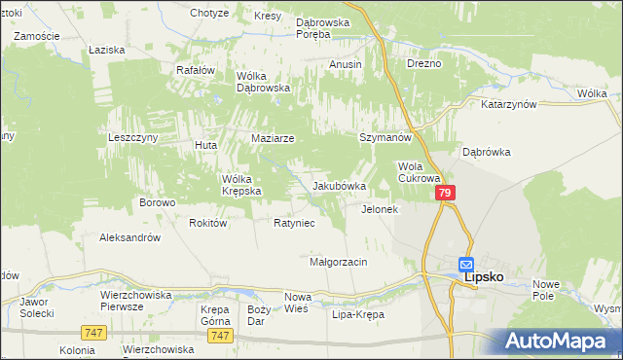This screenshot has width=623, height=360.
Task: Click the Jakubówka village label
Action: pos(339,186)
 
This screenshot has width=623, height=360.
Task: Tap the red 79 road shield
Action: pos(444,195)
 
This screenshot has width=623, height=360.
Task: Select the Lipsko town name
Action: pos(484,276)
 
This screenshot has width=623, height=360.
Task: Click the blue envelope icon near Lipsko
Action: pos(466,263)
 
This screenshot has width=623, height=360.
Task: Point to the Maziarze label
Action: pos(273,138)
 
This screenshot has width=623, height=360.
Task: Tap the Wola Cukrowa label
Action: pos(421,172)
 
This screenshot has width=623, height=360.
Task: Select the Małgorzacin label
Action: pos(337,262)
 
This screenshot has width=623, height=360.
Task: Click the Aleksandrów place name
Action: pos(129,236)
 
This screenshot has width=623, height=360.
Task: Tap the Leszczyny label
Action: pos(132,138)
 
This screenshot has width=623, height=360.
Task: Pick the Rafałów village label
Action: pos(195,70)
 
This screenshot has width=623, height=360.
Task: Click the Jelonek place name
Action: pos(380,209)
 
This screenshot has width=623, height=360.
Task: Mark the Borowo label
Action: pos(157,202)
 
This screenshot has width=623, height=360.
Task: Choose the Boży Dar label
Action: pos(258,314)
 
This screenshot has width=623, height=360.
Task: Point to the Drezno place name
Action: pos(424,63)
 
